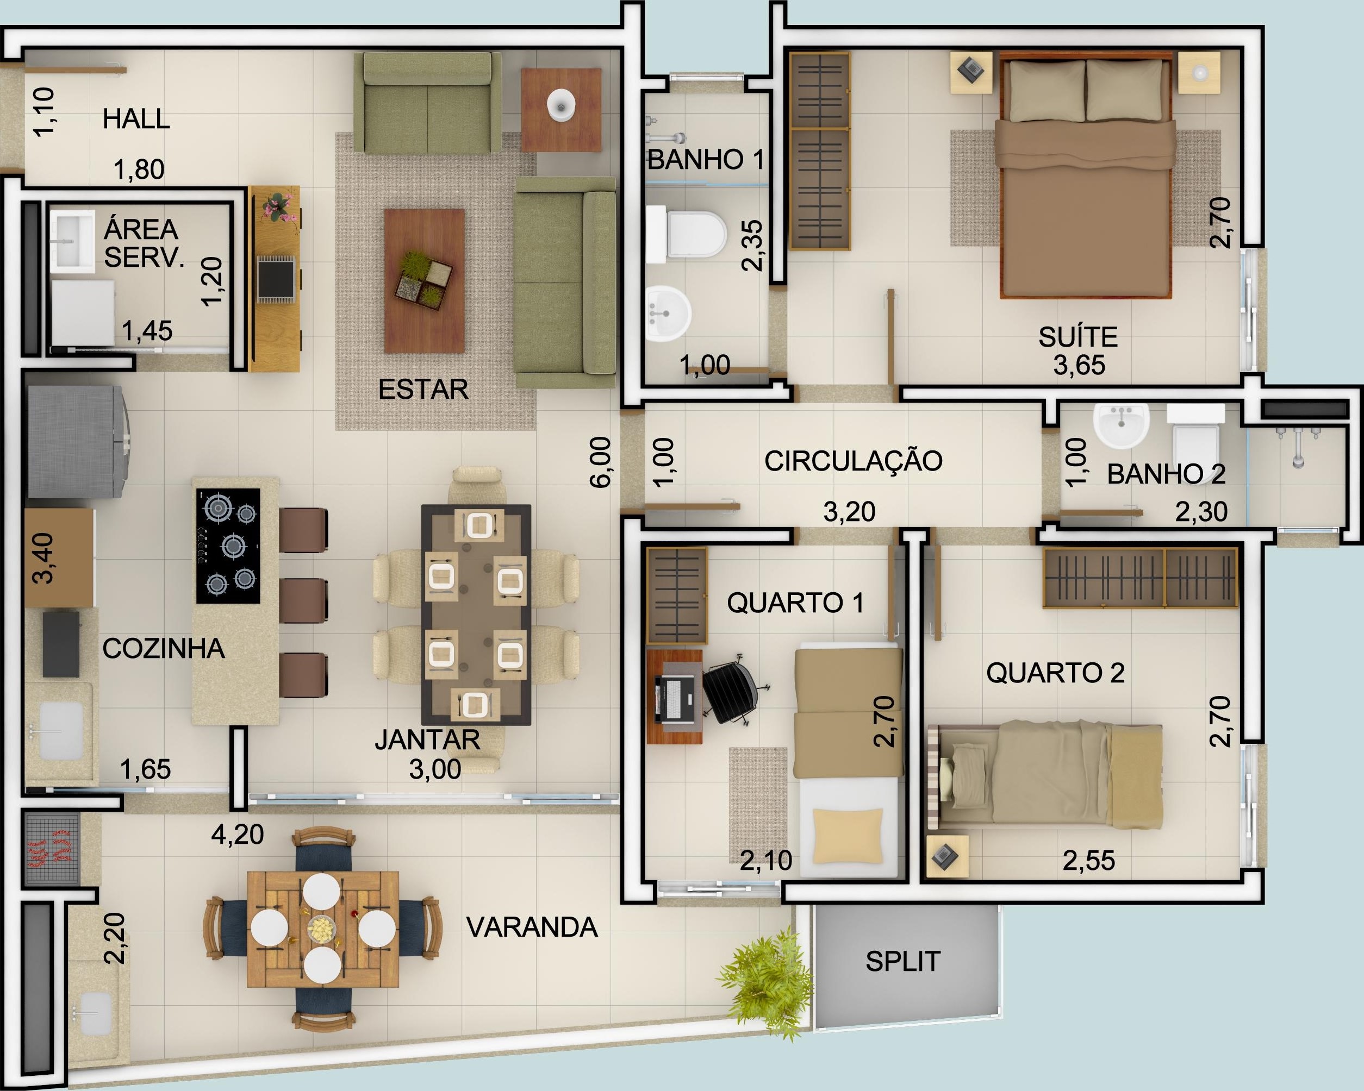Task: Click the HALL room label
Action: [x=136, y=119]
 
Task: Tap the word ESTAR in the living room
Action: [x=423, y=390]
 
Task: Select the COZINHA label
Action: [x=163, y=648]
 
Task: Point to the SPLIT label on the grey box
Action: [x=903, y=961]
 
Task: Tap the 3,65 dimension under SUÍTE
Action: [x=1079, y=365]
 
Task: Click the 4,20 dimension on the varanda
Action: [x=237, y=835]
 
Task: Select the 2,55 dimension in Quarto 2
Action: [x=1089, y=860]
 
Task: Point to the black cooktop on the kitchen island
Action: [x=228, y=546]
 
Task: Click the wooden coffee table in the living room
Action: [x=425, y=281]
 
